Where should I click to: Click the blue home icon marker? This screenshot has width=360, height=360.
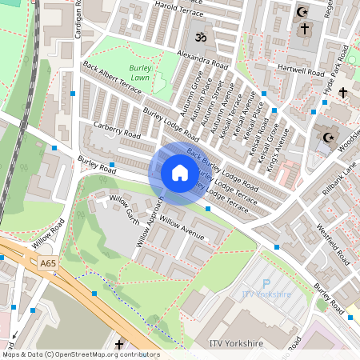(180, 173)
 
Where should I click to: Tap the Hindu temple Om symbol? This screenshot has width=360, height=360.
(196, 37)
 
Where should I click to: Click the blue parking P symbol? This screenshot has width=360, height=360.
(266, 283)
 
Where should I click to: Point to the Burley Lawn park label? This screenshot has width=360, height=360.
(140, 74)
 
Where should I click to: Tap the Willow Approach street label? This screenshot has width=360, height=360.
(149, 220)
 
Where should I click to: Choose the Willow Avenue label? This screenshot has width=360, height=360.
(182, 226)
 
